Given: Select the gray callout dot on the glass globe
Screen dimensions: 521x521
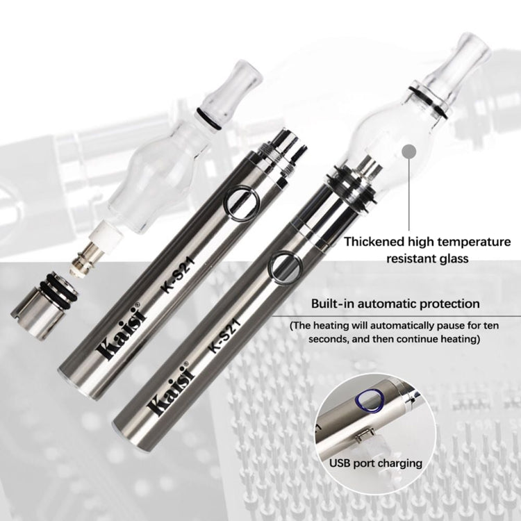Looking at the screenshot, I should [409, 151].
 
